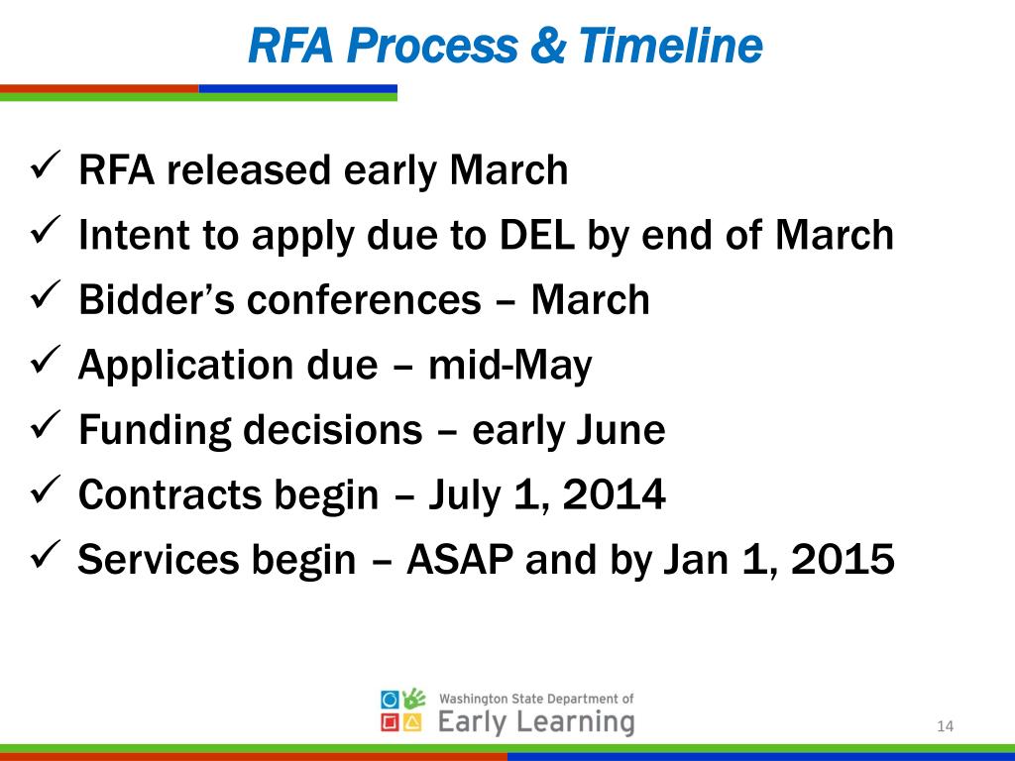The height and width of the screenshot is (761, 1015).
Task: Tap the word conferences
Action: coord(363,300)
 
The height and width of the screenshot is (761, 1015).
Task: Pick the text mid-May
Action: coord(509,366)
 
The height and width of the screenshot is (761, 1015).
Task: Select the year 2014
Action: coord(614,495)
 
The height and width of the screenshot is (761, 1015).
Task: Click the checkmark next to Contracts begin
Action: coord(49,490)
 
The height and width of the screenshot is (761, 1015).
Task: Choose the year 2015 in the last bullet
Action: coord(843,561)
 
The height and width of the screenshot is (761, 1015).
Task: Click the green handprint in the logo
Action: coord(416,699)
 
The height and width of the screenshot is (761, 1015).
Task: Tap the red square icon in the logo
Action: coord(391,722)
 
